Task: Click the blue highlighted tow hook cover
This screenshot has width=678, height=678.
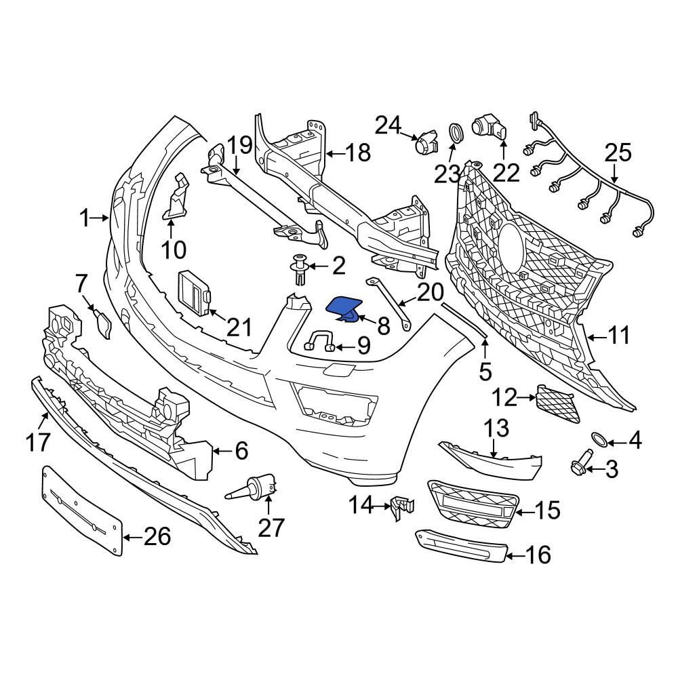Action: (344, 309)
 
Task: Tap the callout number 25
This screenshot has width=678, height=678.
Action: (618, 153)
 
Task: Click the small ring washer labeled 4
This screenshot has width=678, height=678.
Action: (599, 439)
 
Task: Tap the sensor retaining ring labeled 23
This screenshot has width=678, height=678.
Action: (454, 132)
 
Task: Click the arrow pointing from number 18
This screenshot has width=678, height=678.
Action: (335, 153)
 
